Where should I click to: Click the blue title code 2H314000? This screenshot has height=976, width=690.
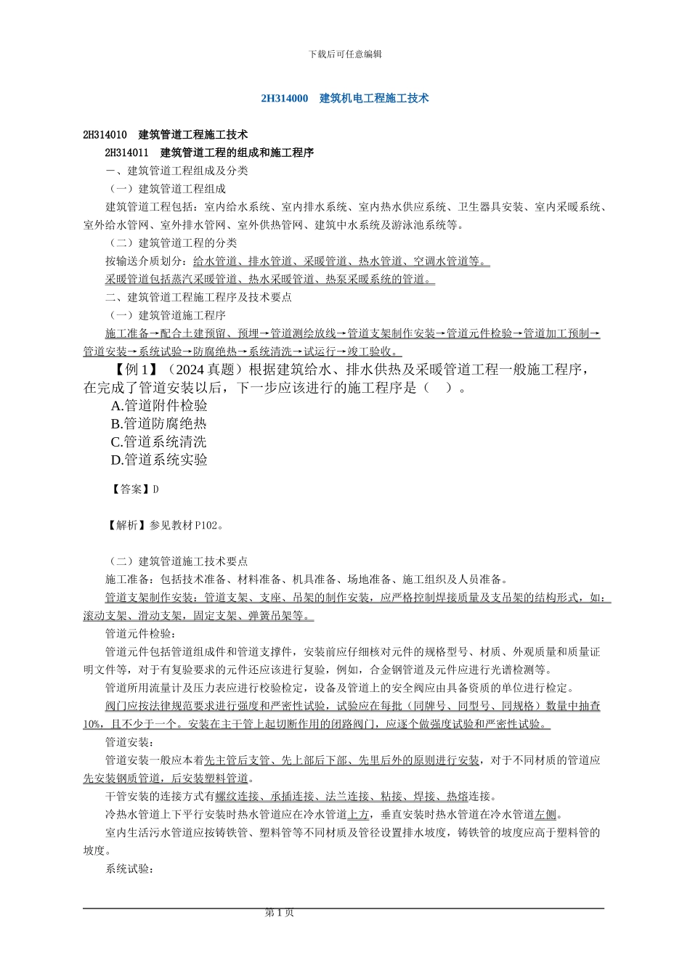[x=285, y=98]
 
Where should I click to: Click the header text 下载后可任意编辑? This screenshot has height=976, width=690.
[x=345, y=54]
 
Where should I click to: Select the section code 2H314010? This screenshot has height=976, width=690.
[x=105, y=135]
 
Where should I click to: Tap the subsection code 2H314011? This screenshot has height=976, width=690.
[x=127, y=153]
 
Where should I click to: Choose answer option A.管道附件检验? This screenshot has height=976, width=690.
[x=159, y=406]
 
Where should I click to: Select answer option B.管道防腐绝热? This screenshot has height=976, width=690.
[x=159, y=424]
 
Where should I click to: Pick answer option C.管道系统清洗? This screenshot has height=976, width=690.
[x=159, y=442]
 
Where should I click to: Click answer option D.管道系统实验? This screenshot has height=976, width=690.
[x=159, y=460]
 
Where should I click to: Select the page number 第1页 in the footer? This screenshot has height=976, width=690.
[x=280, y=913]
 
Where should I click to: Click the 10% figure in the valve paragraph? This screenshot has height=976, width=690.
[x=92, y=724]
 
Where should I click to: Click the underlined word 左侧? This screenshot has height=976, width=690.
[x=545, y=815]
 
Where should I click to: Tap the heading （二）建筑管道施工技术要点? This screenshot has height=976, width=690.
[x=177, y=561]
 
